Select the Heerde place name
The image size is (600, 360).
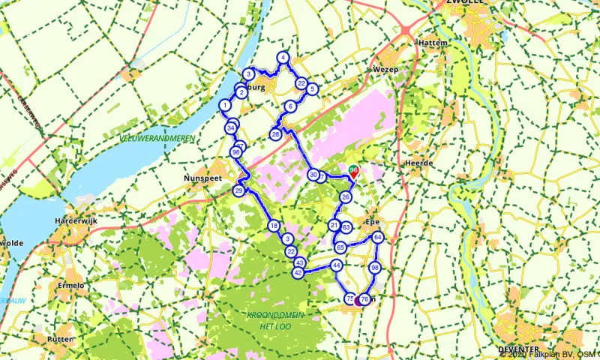pyautogui.click(x=418, y=163)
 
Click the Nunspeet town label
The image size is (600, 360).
pyautogui.click(x=200, y=179)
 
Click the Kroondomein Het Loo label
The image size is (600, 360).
pyautogui.click(x=274, y=320)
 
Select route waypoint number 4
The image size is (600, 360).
pyautogui.click(x=283, y=58)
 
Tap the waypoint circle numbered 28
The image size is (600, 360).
pyautogui.click(x=275, y=134)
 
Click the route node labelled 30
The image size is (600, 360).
pyautogui.click(x=313, y=175)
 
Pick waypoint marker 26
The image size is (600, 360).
pyautogui.click(x=346, y=197)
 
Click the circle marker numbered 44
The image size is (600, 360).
pyautogui.click(x=337, y=265)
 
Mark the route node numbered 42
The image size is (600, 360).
pyautogui.click(x=298, y=274)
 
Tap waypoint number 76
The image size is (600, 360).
pyautogui.click(x=364, y=299)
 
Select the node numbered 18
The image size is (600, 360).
pyautogui.click(x=274, y=226)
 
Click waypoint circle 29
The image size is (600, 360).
pyautogui.click(x=238, y=192)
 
